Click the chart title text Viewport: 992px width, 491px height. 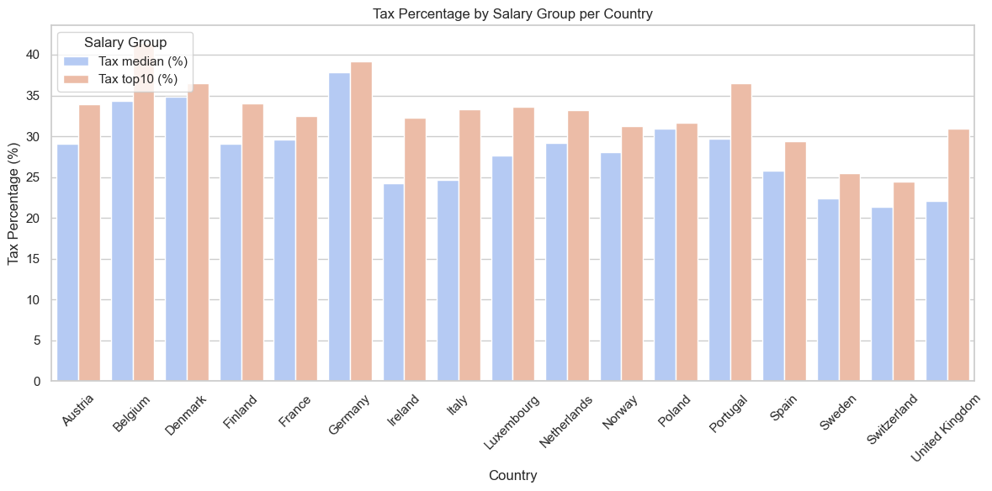[x=513, y=13]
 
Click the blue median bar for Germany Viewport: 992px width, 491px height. [x=339, y=227]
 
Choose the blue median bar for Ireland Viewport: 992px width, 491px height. [x=394, y=282]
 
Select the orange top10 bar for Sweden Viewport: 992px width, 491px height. [x=850, y=277]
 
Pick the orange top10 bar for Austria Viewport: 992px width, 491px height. [x=89, y=243]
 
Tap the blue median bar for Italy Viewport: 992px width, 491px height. [x=448, y=281]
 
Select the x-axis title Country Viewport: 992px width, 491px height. [x=513, y=475]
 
